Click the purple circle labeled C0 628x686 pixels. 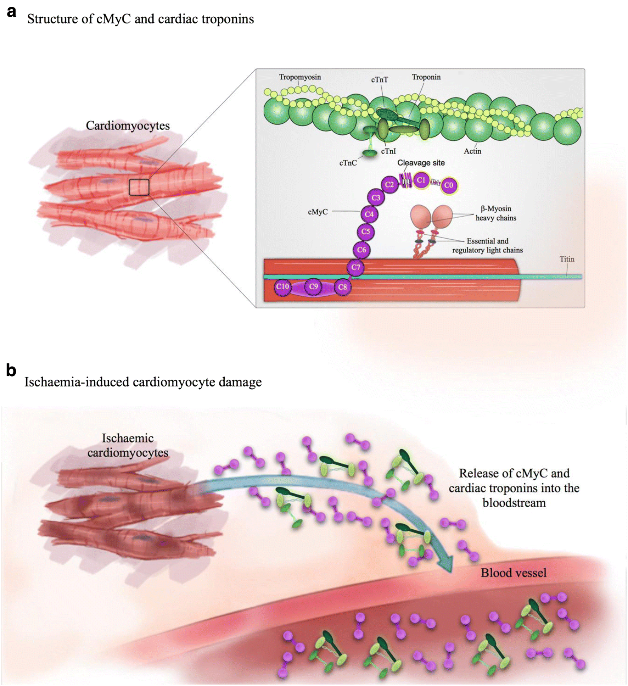click(x=449, y=185)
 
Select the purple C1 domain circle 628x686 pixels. click(x=421, y=180)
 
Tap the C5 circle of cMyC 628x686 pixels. click(x=366, y=232)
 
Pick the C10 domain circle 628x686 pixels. click(x=282, y=286)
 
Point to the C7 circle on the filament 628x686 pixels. click(x=356, y=267)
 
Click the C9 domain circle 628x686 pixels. click(x=313, y=286)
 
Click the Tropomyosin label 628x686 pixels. click(x=300, y=77)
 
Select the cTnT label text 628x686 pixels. click(x=380, y=80)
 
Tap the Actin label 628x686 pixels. click(x=472, y=151)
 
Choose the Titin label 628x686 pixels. click(x=567, y=259)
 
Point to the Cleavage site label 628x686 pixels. click(x=421, y=163)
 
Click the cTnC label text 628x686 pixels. click(x=348, y=163)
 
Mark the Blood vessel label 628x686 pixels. click(x=513, y=573)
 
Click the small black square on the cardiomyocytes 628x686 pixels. click(x=139, y=187)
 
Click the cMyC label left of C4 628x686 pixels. click(x=318, y=212)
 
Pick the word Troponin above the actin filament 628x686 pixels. click(x=426, y=77)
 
